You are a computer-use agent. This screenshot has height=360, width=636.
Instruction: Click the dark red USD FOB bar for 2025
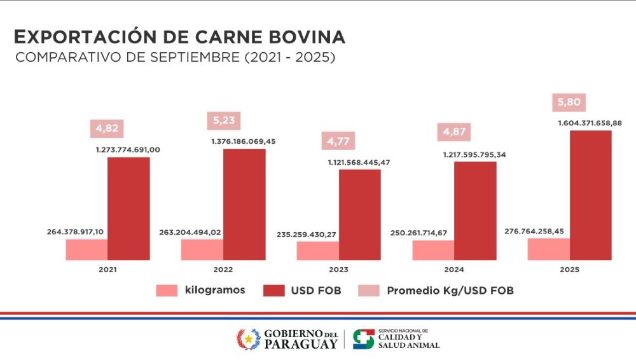pos(590,195)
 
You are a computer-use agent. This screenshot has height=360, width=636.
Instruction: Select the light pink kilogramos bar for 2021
pos(86,249)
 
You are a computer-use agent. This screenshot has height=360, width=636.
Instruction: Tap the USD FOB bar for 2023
pos(359,214)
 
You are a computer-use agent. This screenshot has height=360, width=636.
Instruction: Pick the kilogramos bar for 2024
pos(433,250)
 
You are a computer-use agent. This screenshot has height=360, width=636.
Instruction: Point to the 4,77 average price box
pos(338,140)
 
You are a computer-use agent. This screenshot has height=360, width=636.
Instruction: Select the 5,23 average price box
pos(223,120)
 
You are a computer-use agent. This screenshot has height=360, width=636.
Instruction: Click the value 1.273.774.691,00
pos(128,149)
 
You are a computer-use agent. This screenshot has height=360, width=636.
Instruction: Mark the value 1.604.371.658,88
pos(590,123)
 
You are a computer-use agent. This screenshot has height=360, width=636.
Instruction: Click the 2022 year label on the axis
pos(223,269)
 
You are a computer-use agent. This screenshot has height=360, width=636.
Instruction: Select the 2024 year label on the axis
pos(454,269)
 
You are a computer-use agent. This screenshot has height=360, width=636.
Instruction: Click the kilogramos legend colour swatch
pos(167,291)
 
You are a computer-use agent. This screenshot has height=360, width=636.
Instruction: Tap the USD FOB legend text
pos(316,291)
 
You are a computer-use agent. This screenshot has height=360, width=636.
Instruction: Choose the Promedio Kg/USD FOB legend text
pos(450,291)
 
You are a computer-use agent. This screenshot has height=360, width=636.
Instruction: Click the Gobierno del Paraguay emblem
pos(249,338)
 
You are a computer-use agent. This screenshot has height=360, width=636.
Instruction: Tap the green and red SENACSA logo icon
pos(363,338)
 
